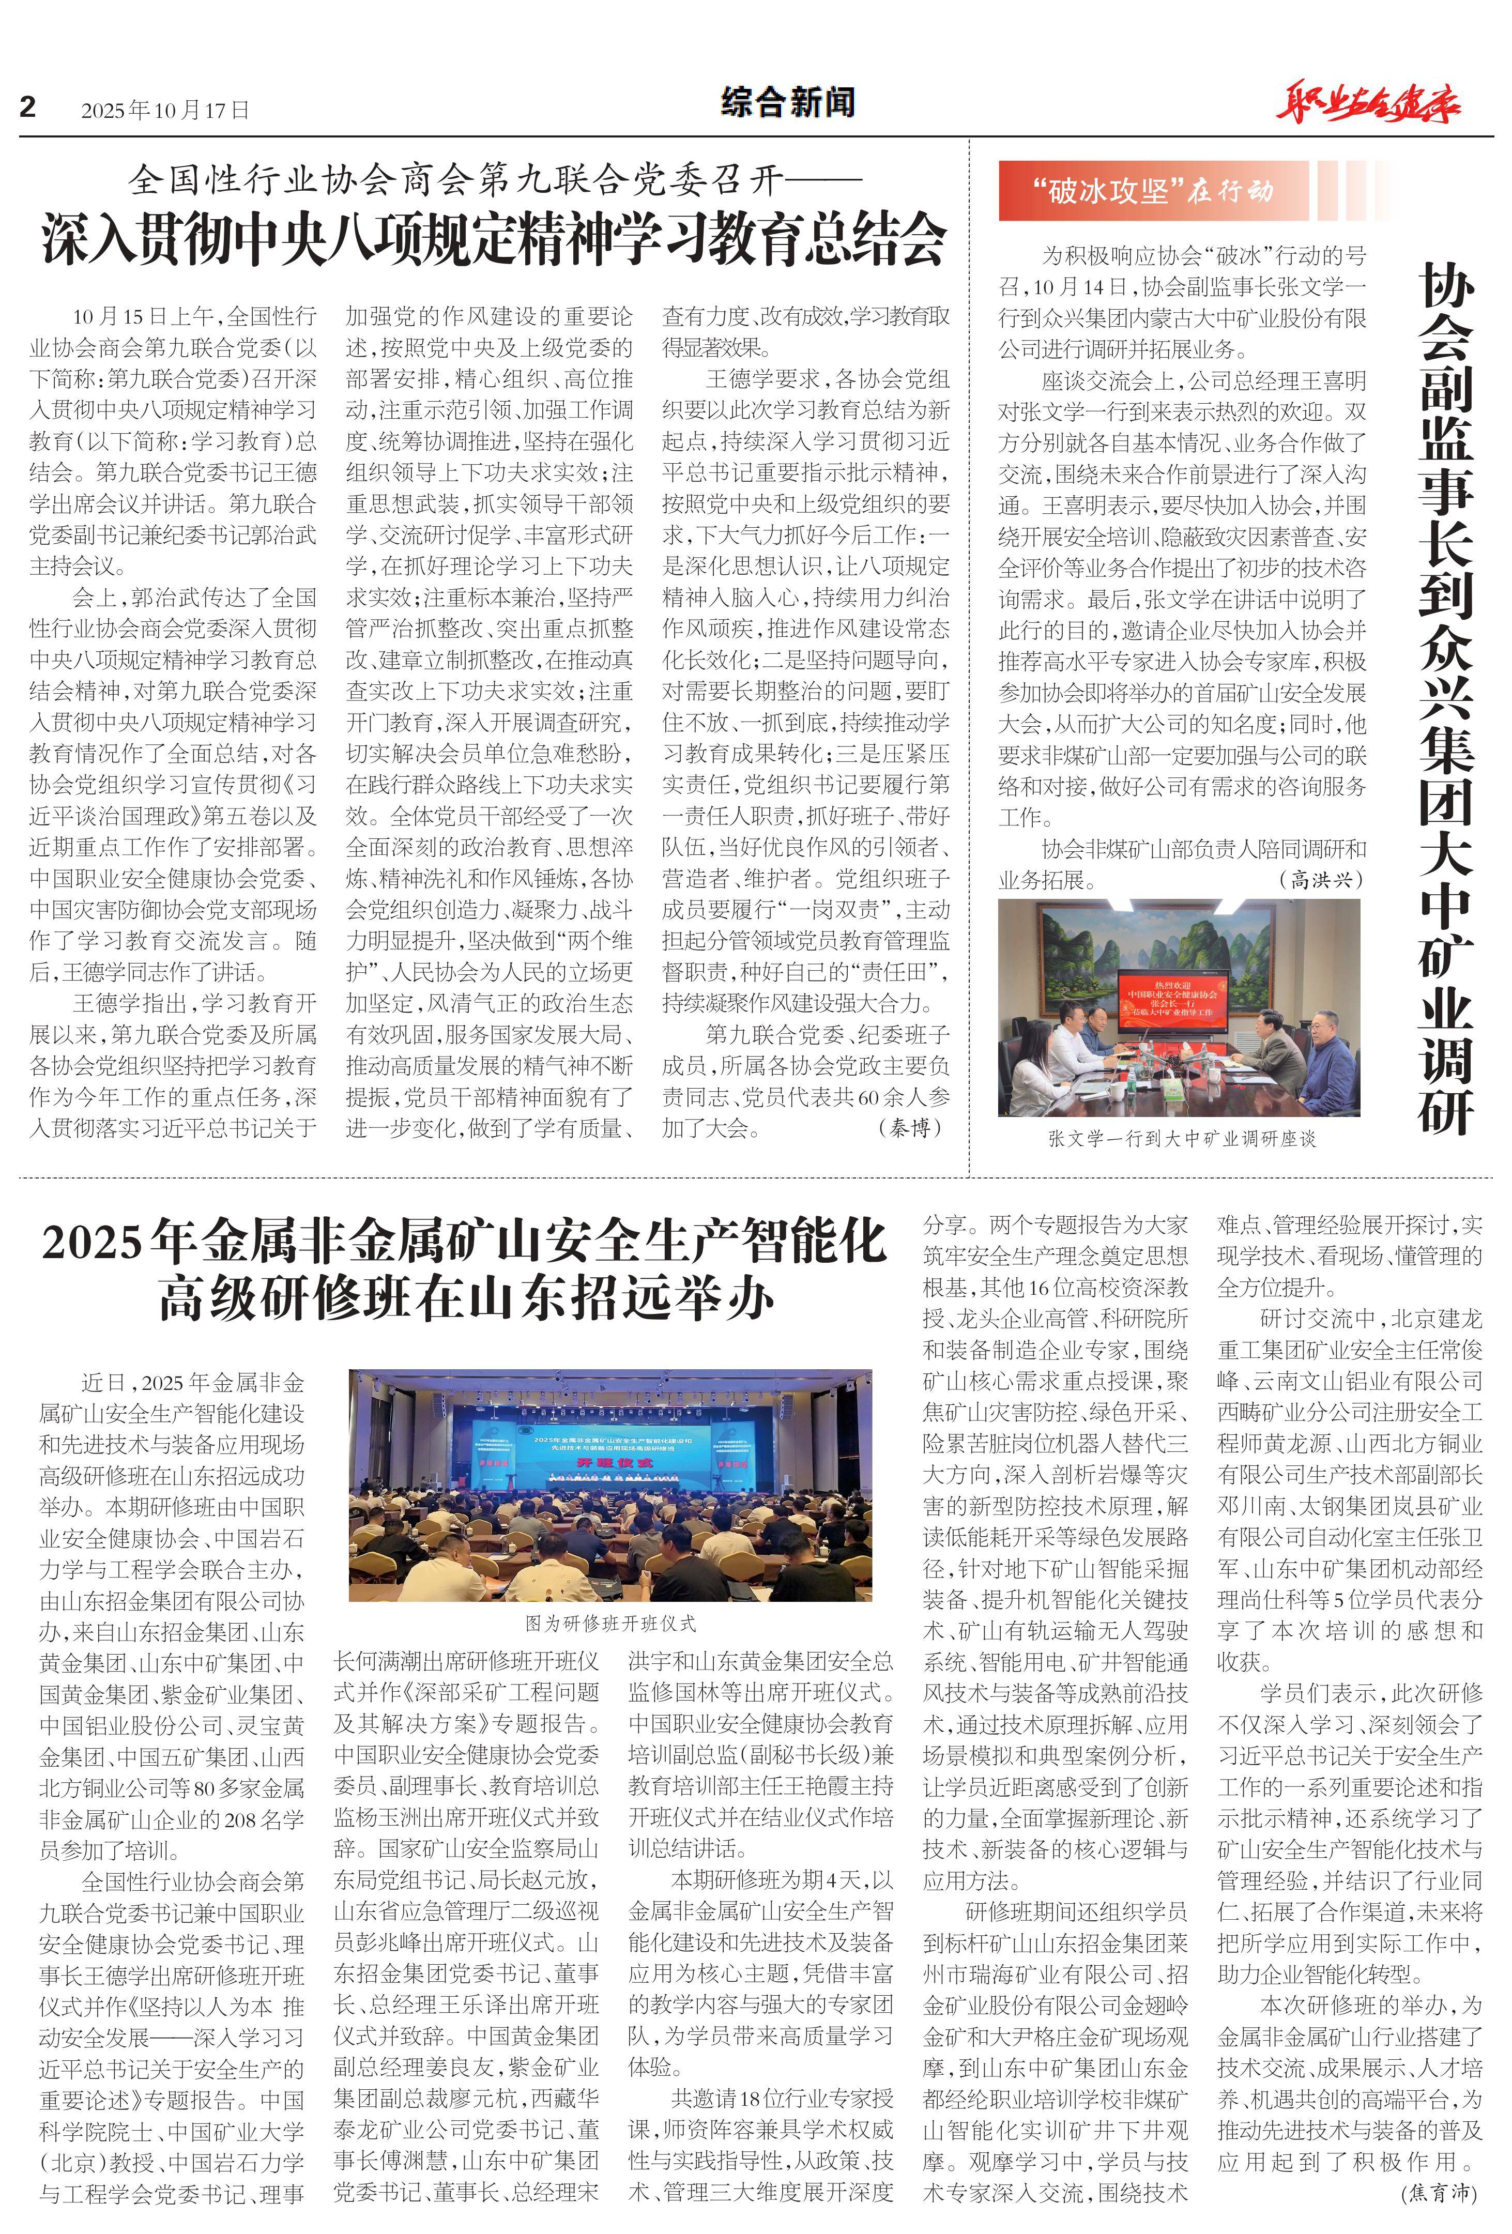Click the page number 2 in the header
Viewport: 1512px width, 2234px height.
coord(28,106)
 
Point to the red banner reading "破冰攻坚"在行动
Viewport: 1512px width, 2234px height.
coord(1153,191)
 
